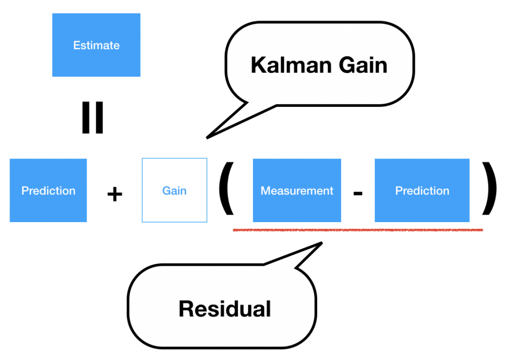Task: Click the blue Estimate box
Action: click(x=96, y=45)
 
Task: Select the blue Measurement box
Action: click(x=297, y=191)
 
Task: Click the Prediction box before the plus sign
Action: click(x=48, y=191)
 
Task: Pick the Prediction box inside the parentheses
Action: click(x=422, y=191)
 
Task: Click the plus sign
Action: click(x=115, y=194)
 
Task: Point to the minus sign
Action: click(x=358, y=193)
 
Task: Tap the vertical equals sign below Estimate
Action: click(x=93, y=117)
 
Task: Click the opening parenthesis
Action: click(x=226, y=189)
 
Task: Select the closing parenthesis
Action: click(x=489, y=189)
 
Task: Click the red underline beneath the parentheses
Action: click(x=358, y=230)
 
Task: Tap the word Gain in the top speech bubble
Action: click(x=363, y=65)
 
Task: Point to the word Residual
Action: click(x=225, y=308)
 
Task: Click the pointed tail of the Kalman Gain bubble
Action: click(x=207, y=138)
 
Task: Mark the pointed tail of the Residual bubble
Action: click(x=322, y=243)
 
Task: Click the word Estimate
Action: click(x=96, y=45)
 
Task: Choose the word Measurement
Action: click(x=297, y=191)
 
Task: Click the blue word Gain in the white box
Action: click(x=174, y=191)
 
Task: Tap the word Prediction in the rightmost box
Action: click(x=422, y=191)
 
